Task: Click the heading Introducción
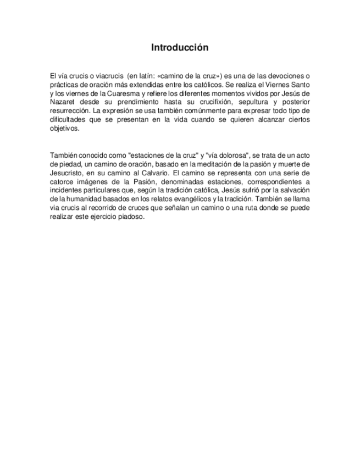coord(180,48)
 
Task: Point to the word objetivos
coord(64,129)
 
